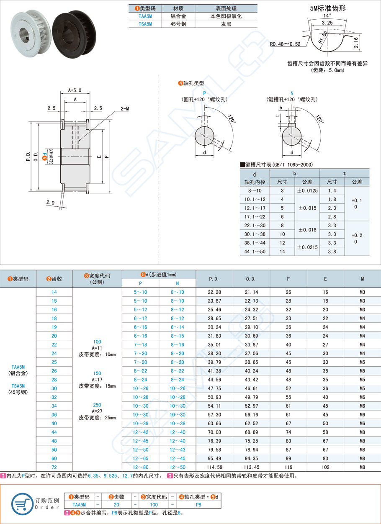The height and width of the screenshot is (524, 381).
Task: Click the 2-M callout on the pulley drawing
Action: [x=125, y=108]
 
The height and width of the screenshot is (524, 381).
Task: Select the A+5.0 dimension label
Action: [x=75, y=90]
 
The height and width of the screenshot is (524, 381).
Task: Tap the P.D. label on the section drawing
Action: [x=28, y=156]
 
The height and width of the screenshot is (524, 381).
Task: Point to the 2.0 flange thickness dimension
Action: [x=51, y=203]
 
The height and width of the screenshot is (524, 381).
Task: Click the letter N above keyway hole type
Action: [x=292, y=93]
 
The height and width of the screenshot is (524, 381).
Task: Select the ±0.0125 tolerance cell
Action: [x=307, y=190]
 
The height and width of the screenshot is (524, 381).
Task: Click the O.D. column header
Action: [x=251, y=279]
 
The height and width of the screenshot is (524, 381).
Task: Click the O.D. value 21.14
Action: [x=251, y=292]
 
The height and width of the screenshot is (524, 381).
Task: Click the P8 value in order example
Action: [x=198, y=505]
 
